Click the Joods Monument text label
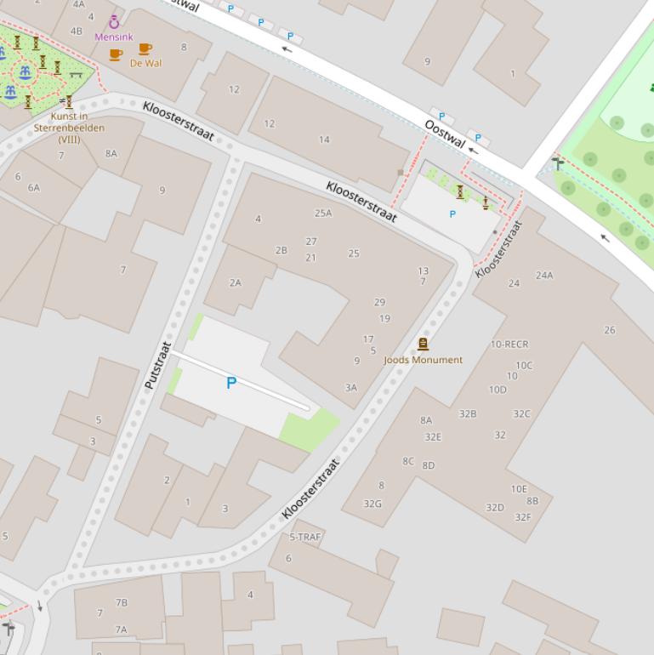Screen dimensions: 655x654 click(x=423, y=360)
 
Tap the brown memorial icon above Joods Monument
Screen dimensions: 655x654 click(x=423, y=345)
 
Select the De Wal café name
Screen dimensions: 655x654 click(x=145, y=63)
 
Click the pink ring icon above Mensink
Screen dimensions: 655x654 click(x=114, y=23)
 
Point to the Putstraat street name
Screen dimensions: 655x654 click(x=158, y=366)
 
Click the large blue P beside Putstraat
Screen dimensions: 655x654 click(x=230, y=384)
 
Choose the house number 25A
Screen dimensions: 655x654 click(x=323, y=214)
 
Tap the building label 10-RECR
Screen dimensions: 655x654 click(x=509, y=345)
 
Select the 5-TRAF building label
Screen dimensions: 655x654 click(x=304, y=537)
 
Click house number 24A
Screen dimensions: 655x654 click(x=544, y=275)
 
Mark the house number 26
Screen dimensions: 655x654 click(x=610, y=330)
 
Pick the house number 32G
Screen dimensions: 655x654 click(x=372, y=504)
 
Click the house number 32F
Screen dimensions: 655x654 click(x=522, y=517)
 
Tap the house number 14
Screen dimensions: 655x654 click(x=324, y=140)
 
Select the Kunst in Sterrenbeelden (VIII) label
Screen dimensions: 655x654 click(x=69, y=128)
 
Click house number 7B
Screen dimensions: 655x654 click(x=122, y=602)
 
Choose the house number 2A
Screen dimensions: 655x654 click(x=235, y=282)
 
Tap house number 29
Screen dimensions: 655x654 click(x=379, y=302)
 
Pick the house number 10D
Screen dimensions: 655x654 click(x=498, y=390)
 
